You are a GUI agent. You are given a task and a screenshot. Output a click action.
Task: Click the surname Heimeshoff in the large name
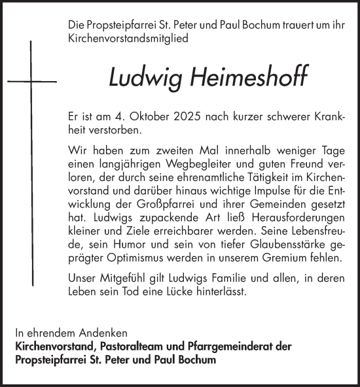pos(233,78)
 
